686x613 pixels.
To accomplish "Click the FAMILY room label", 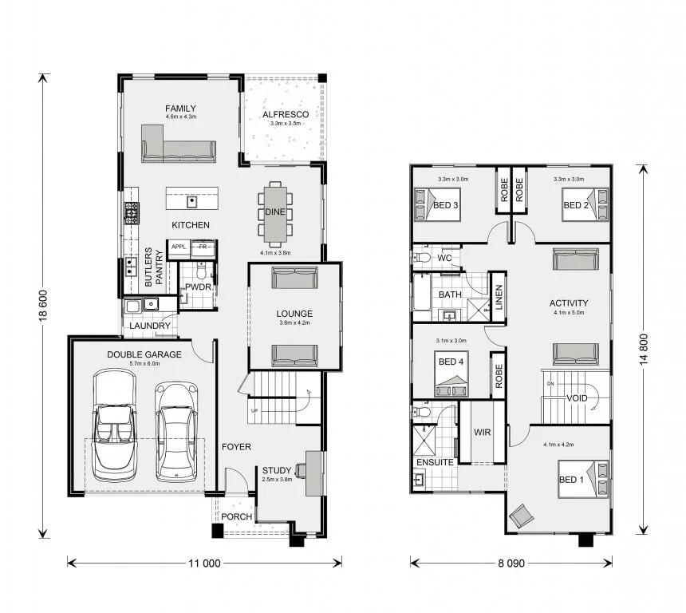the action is coord(181,108).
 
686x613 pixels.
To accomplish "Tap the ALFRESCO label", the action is coord(286,115).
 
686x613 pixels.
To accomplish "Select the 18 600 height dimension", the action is coord(43,306).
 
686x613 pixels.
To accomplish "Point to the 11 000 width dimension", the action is coord(204,563).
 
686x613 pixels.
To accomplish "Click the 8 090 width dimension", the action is coord(511,563).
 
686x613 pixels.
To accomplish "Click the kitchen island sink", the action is coord(191,201).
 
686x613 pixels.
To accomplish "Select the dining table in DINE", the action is coord(275,214).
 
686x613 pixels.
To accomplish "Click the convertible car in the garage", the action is coord(115,423).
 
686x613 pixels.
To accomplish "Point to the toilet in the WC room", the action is coord(421,258).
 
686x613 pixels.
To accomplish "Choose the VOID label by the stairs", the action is coord(577,398).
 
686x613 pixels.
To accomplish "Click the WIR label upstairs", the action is coord(482,432).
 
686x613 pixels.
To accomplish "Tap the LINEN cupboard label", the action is coord(499,297).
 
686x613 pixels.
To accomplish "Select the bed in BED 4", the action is coord(451,374).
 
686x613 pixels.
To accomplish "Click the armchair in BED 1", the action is coord(522,516).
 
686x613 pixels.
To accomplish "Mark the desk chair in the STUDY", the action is coord(300,470).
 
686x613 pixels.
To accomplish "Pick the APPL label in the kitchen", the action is coord(179,247).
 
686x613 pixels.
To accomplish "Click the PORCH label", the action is coord(236,516).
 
